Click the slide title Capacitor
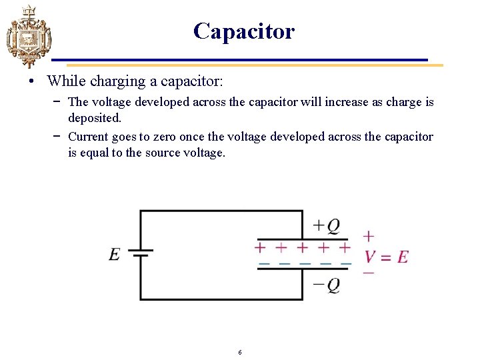pos(243,31)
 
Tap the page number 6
pos(240,352)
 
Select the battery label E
pos(115,255)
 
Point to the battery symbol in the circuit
pos(140,253)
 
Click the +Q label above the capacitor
pos(327,226)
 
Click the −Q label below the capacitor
pos(327,285)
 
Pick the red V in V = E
pos(370,257)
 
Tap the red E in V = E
pos(402,257)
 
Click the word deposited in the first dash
pos(95,118)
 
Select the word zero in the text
pos(172,137)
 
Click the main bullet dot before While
pos(33,82)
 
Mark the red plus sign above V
pos(369,236)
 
